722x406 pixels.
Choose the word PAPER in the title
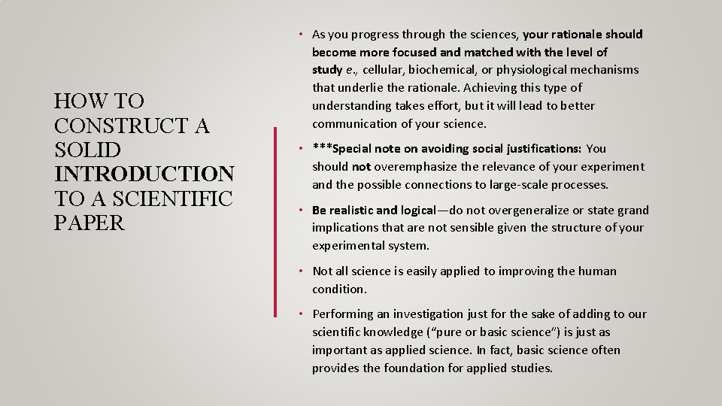pos(89,223)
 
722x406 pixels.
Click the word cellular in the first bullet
pos(384,70)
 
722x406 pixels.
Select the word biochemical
pos(441,70)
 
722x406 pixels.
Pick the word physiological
pos(535,70)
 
